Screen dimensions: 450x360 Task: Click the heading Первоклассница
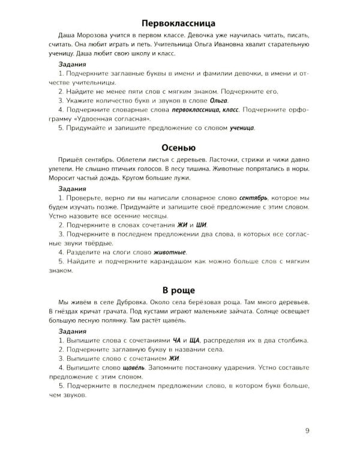coord(180,25)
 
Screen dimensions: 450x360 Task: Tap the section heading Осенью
coord(180,147)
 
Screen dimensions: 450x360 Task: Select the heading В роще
coord(180,291)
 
